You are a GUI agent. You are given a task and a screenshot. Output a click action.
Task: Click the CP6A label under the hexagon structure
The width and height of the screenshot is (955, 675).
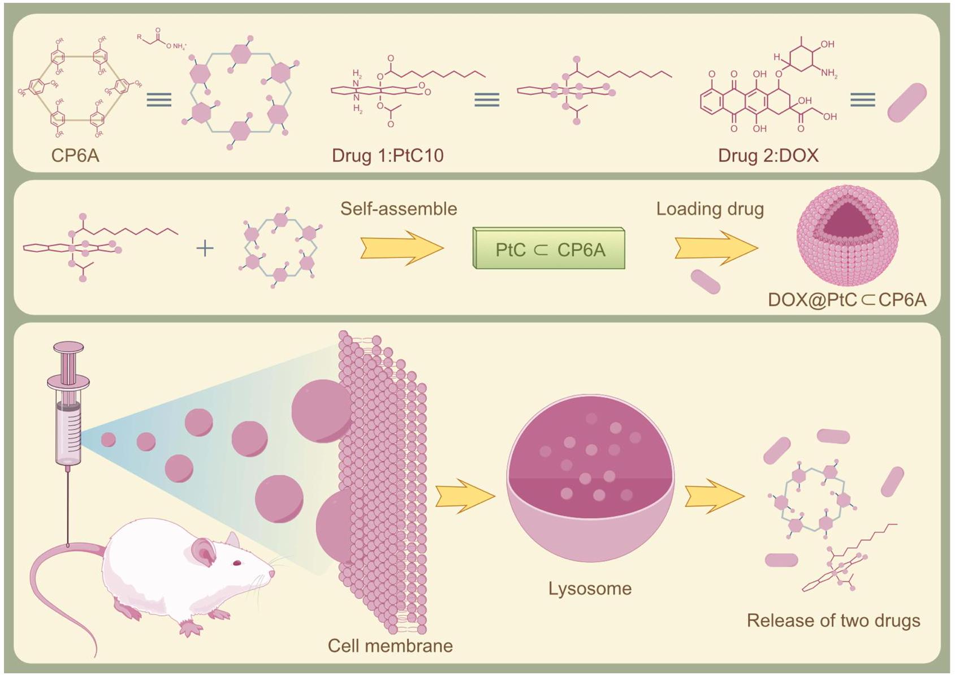[75, 155]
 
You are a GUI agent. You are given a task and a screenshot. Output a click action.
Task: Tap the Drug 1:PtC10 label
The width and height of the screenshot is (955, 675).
[387, 155]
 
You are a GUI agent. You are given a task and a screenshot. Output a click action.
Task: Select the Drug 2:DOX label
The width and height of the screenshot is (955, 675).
[768, 155]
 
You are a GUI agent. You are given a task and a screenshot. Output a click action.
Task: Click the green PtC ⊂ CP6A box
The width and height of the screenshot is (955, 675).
[549, 249]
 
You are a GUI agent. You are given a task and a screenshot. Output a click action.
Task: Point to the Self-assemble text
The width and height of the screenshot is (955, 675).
[399, 209]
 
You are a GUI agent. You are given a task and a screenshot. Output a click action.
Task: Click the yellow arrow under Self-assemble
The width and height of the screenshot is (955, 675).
[402, 248]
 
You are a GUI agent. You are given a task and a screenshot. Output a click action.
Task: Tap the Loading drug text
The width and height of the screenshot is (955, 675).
[710, 209]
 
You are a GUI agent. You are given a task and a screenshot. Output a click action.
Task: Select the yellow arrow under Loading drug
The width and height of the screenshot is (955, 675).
[716, 248]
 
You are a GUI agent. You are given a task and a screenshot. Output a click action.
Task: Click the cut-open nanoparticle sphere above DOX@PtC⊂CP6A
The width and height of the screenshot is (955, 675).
[847, 234]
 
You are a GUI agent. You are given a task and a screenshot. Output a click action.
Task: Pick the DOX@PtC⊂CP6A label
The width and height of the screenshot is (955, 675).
[847, 299]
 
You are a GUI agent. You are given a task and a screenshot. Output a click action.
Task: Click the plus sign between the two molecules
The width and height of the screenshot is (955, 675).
[205, 248]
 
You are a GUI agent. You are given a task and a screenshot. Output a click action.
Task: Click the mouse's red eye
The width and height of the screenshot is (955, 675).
[237, 562]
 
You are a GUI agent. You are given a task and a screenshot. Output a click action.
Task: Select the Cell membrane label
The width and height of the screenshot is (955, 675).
[390, 646]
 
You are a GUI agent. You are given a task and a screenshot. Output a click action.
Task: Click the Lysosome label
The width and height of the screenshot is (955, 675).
[590, 588]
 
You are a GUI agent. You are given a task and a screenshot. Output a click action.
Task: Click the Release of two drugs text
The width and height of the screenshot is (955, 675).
[833, 621]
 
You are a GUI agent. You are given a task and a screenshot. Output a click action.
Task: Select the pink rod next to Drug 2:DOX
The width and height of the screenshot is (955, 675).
[907, 102]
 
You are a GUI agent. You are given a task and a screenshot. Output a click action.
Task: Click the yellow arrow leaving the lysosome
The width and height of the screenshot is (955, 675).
[714, 496]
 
